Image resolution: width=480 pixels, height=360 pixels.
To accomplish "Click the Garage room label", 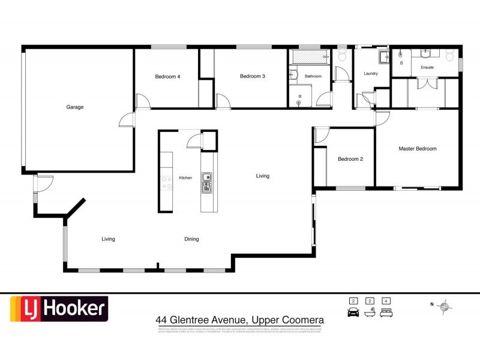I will click(x=75, y=107).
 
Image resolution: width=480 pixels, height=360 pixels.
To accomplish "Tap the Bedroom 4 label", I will click(x=167, y=76).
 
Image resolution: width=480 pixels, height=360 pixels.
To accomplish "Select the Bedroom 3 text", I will click(x=252, y=76).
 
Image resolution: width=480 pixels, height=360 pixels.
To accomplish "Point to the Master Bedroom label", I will click(x=418, y=148).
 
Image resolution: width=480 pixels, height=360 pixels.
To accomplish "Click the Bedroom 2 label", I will click(x=350, y=159).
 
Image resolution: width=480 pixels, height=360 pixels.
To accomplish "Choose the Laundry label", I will click(x=371, y=73).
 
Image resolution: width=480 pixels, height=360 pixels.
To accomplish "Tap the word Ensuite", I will click(x=427, y=67).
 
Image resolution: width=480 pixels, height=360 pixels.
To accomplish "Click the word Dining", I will click(x=191, y=239).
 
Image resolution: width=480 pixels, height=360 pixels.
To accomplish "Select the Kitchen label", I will click(x=185, y=178).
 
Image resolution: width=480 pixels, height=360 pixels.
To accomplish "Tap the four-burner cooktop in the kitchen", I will click(x=166, y=182).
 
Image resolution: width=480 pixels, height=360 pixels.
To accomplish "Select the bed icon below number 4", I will click(x=387, y=313).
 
